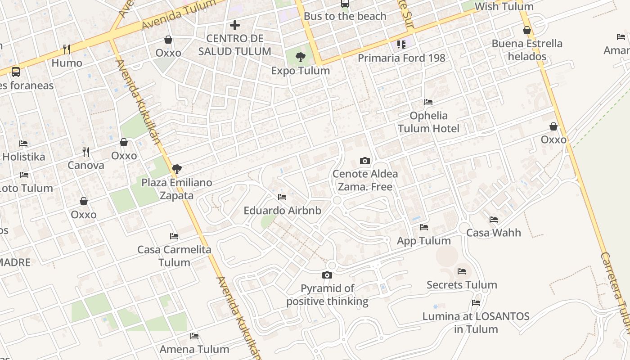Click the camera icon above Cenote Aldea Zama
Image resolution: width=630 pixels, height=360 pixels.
[x=365, y=161]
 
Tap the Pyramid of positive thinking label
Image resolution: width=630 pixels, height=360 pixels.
[x=327, y=295]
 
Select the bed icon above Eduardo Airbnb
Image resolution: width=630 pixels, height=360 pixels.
[x=282, y=197]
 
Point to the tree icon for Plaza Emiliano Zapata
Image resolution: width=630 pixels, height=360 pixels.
[x=177, y=169]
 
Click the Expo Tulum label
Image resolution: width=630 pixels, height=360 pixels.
[x=301, y=71]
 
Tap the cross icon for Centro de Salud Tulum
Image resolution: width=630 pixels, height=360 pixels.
[x=235, y=25]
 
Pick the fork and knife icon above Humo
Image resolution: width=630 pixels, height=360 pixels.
[x=67, y=49]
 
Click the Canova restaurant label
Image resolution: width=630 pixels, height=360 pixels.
[x=86, y=165]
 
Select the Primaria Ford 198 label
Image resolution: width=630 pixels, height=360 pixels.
[x=401, y=58]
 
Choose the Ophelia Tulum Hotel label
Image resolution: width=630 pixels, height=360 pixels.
[x=429, y=122]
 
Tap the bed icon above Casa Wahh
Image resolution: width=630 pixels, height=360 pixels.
[x=494, y=220]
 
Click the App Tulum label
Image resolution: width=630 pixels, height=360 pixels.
[x=424, y=241]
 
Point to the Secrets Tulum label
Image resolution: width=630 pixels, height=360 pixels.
[x=462, y=285]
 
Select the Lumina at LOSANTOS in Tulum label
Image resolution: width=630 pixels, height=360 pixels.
[x=476, y=322]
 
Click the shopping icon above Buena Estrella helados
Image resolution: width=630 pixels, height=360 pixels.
[x=527, y=30]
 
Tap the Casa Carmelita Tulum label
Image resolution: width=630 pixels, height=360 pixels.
[x=174, y=256]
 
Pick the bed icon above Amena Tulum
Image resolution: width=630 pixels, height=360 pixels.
[x=194, y=336]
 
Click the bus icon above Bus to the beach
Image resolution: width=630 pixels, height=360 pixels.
[x=345, y=4]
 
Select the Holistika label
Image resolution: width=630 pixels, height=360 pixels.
[x=24, y=157]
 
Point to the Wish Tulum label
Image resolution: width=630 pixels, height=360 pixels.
[x=504, y=7]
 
